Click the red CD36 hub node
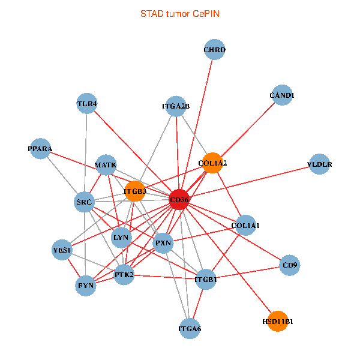pyautogui.click(x=179, y=199)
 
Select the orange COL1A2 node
pyautogui.click(x=212, y=163)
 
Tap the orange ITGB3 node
pyautogui.click(x=135, y=191)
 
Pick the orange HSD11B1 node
pyautogui.click(x=278, y=322)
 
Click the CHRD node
pyautogui.click(x=214, y=49)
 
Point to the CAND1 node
pyautogui.click(x=281, y=95)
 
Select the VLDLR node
pyautogui.click(x=319, y=164)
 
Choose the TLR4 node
pyautogui.click(x=87, y=103)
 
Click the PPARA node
pyautogui.click(x=40, y=148)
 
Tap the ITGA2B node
pyautogui.click(x=176, y=106)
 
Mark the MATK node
pyautogui.click(x=106, y=164)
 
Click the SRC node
pyautogui.click(x=84, y=202)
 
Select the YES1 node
pyautogui.click(x=62, y=250)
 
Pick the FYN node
pyautogui.click(x=86, y=286)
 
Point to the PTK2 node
pyautogui.click(x=124, y=275)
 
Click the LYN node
pyautogui.click(x=121, y=237)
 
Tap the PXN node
pyautogui.click(x=163, y=243)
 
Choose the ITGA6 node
pyautogui.click(x=190, y=328)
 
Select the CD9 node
pyautogui.click(x=290, y=265)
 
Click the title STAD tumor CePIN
pyautogui.click(x=179, y=13)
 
